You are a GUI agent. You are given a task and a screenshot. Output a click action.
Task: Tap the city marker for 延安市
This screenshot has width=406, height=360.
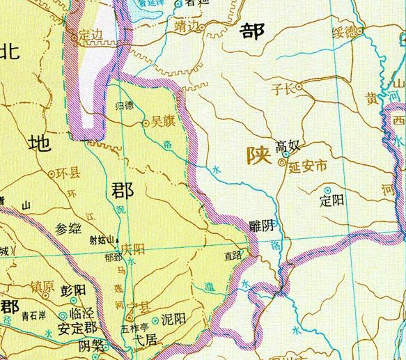282,163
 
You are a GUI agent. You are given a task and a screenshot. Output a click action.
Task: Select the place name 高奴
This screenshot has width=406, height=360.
288,146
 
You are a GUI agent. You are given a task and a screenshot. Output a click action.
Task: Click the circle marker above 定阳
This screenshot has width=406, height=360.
328,189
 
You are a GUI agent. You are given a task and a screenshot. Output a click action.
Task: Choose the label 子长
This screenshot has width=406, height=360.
281,88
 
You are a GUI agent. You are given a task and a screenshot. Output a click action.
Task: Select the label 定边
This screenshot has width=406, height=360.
90,33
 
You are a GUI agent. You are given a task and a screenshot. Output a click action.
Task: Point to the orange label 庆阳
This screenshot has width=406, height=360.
134,247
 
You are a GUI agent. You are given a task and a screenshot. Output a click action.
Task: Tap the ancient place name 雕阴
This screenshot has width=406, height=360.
261,226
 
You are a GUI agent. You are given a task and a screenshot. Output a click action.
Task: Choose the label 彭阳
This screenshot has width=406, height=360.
74,289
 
